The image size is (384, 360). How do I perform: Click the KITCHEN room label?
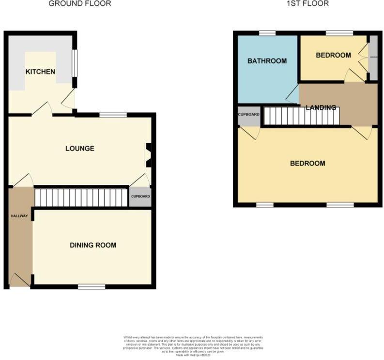point(40,72)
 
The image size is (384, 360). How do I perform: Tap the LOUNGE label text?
point(80,148)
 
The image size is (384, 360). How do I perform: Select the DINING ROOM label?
point(93,245)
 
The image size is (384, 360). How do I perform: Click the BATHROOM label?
point(267,61)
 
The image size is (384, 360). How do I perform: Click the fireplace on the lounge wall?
point(149,155)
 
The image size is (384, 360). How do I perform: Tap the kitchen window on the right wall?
point(75,63)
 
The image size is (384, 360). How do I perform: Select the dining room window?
point(92,287)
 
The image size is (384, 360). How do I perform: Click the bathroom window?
point(267,33)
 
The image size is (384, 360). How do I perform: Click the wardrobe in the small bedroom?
point(373,58)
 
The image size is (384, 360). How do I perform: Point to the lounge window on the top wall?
point(113,115)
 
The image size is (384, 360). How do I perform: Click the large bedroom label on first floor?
point(307,164)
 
